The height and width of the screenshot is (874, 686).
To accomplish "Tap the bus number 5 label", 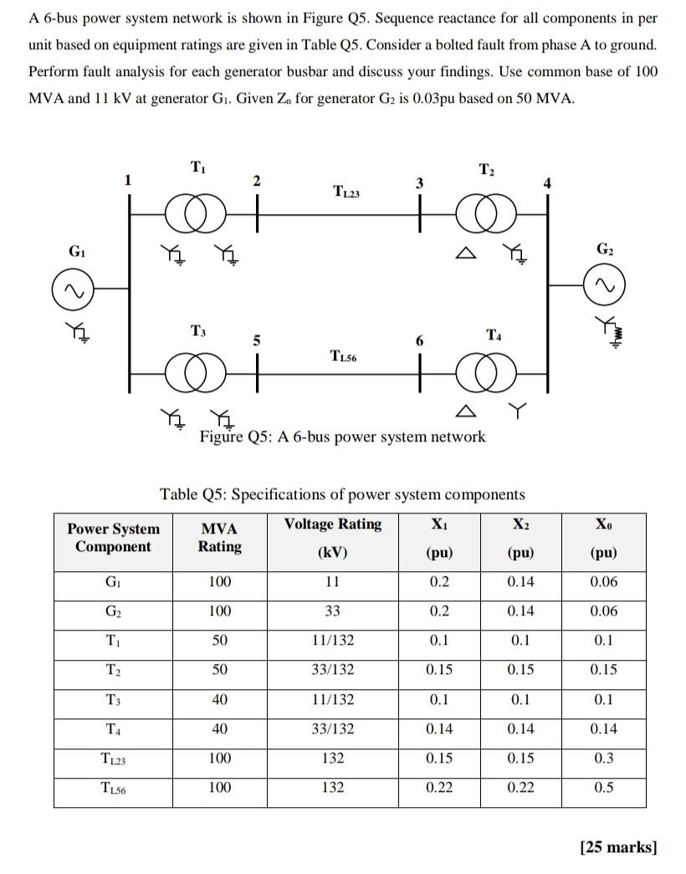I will pos(258,340).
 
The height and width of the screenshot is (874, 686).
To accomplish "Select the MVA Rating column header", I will pos(219,538).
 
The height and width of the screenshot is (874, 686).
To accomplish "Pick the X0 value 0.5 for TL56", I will pos(603,787).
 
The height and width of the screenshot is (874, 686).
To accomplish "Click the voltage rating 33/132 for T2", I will pos(332,669).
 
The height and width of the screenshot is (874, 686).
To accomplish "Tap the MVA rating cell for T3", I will pos(219,699).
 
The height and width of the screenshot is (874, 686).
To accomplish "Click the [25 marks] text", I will pos(618,847).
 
